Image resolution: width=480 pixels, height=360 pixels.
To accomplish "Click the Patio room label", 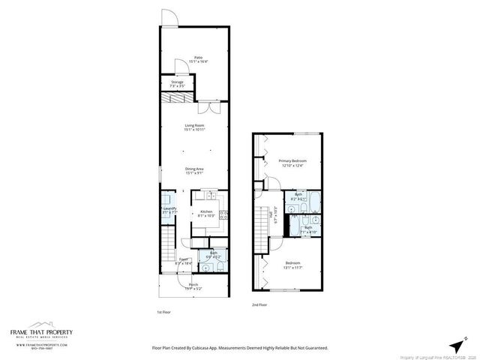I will point(198,58).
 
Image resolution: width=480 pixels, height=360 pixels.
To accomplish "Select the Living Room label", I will point(197,127).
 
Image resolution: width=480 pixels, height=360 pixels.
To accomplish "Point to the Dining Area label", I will point(197,169).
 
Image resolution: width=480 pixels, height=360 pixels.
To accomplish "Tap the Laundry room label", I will point(169,210).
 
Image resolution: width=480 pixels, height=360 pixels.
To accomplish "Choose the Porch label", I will point(193,286).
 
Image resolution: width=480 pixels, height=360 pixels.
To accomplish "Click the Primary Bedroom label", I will point(292,162).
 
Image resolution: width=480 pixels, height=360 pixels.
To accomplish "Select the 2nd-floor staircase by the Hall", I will point(261,241).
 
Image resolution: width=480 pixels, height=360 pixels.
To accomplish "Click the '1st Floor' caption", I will point(163,311).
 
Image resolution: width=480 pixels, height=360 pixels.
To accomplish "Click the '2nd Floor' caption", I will point(259,305).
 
